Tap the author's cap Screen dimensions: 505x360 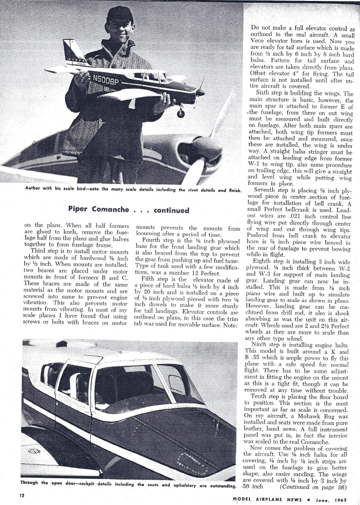tap(120, 13)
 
